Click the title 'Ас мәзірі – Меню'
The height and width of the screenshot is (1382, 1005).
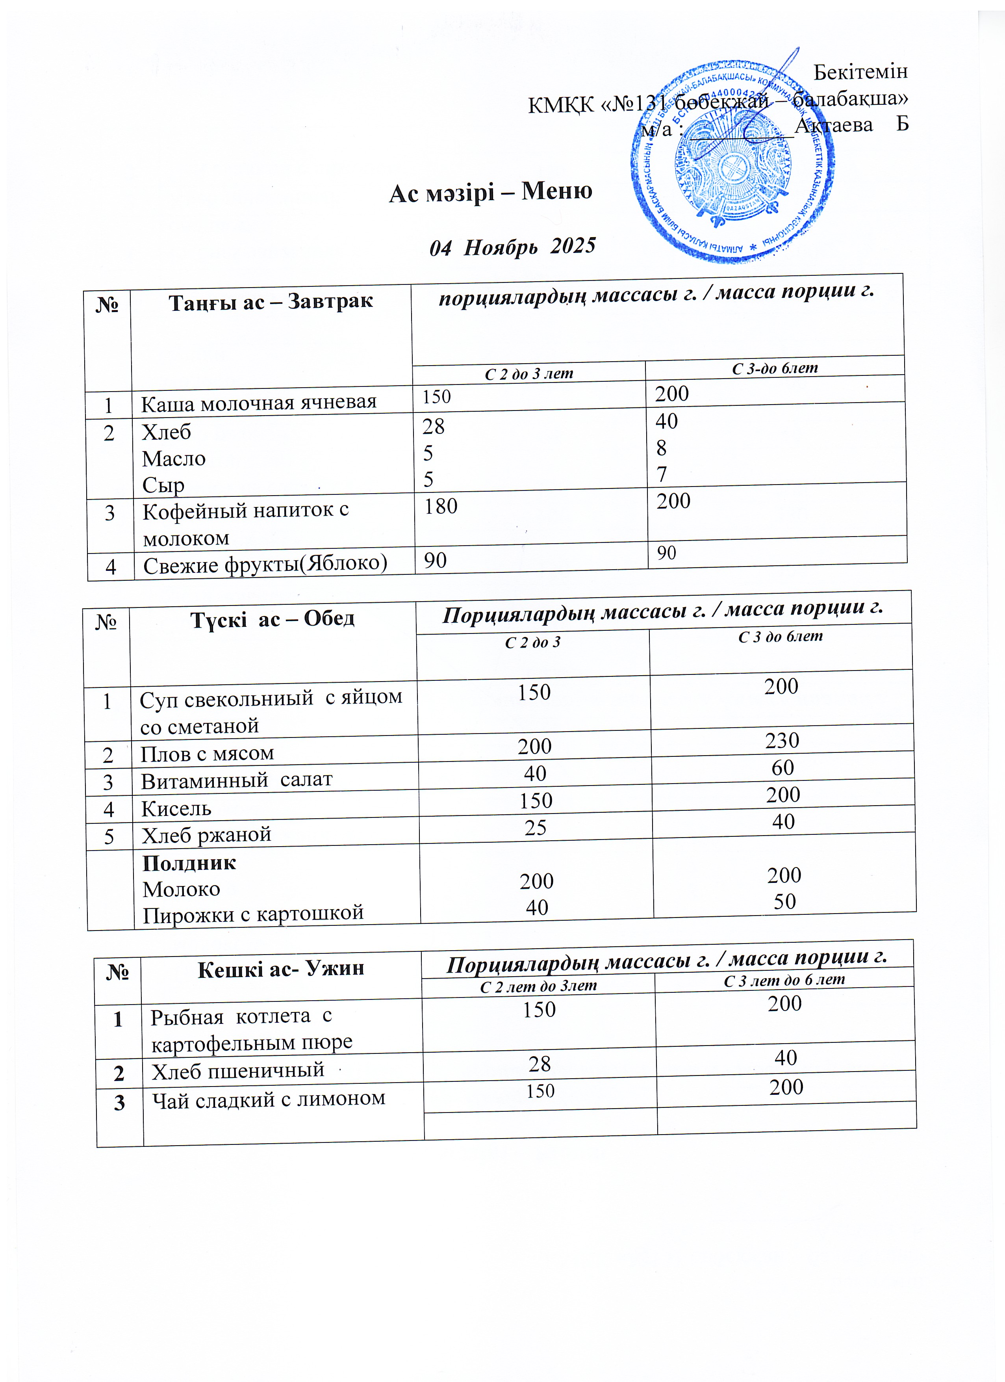[490, 193]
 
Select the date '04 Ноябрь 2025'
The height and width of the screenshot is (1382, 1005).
[512, 247]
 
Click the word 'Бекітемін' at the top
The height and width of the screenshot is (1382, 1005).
[860, 72]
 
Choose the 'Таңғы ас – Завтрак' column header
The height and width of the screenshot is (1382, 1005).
[271, 302]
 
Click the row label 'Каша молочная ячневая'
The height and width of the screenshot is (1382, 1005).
[259, 403]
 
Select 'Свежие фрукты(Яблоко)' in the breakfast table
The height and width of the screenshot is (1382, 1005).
[265, 564]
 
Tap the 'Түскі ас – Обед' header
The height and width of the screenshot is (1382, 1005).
[272, 619]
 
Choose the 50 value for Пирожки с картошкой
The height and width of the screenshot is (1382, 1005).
[784, 901]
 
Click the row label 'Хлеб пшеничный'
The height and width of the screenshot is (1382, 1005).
[237, 1071]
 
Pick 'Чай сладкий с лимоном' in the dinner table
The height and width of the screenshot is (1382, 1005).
[268, 1099]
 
